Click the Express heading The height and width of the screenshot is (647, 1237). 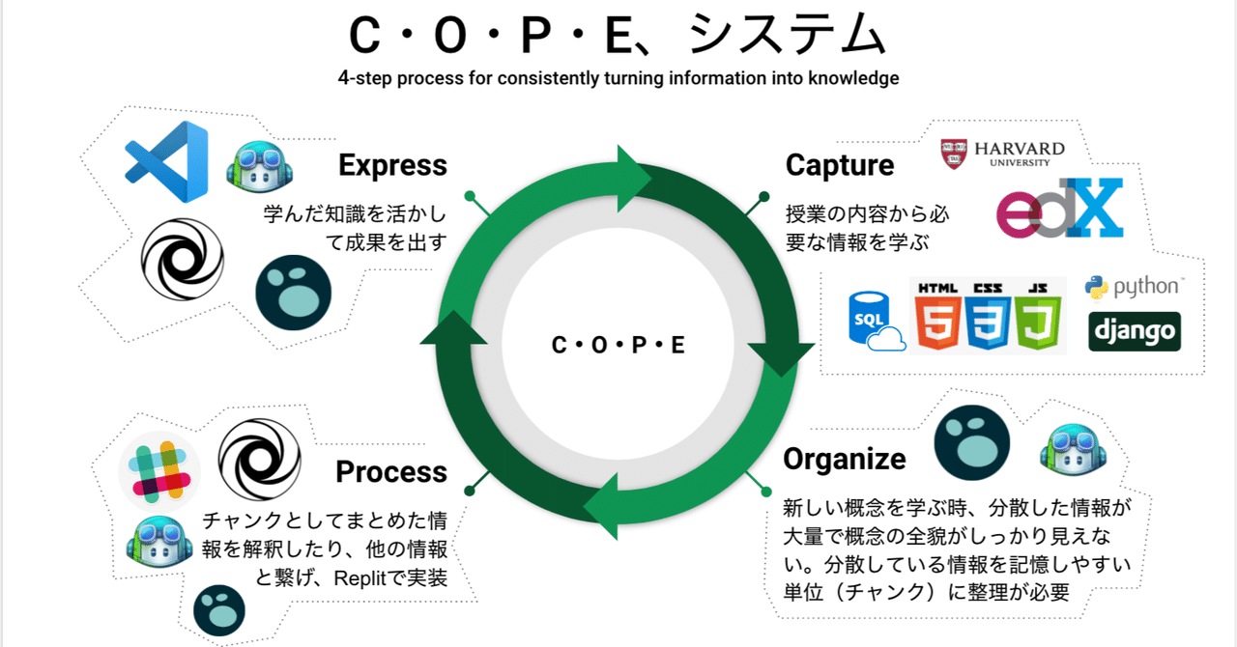[392, 165]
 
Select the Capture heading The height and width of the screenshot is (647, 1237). [840, 165]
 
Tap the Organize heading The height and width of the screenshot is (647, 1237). [845, 459]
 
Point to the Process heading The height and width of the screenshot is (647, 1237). [391, 472]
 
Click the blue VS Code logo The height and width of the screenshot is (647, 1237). [166, 162]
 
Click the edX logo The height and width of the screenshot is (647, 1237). [1060, 208]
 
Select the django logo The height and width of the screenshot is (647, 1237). [1135, 331]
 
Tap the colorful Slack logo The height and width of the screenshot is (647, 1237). [159, 470]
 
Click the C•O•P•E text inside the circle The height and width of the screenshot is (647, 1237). [618, 345]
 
